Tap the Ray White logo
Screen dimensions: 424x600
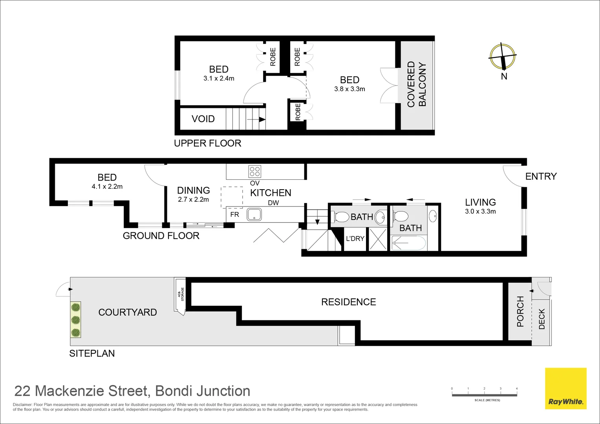565,388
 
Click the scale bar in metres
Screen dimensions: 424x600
484,394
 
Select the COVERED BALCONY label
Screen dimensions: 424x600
417,84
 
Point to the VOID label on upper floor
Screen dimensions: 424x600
203,119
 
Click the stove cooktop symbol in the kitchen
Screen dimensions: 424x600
255,172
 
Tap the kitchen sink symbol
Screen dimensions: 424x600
254,215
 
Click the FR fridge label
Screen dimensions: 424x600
234,214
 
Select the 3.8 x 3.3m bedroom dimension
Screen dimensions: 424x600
349,89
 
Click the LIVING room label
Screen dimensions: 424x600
480,202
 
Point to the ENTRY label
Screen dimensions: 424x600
541,176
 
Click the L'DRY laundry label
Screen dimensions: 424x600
355,239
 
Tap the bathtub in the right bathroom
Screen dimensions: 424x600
409,243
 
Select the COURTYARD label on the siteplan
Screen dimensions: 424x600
128,312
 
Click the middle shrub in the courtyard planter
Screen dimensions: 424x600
76,320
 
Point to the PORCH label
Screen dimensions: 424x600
520,311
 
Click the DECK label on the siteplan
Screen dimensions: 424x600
542,319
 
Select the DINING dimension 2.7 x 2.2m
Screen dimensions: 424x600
193,199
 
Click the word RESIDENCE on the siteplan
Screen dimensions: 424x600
348,302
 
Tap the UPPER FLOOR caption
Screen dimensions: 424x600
207,143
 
